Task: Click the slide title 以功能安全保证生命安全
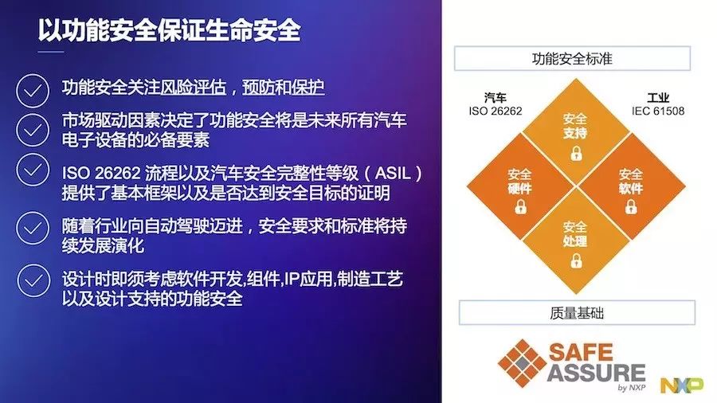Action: point(169,30)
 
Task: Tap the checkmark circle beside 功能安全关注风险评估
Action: point(33,91)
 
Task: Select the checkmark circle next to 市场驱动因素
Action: point(33,130)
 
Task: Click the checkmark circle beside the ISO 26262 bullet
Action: point(33,170)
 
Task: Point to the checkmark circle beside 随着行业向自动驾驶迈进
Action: point(33,228)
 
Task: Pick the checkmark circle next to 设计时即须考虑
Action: point(33,280)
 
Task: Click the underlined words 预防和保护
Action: point(283,87)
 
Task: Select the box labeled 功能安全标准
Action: point(572,58)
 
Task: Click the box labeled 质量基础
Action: point(577,313)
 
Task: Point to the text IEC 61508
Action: point(658,111)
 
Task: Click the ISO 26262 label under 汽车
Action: point(496,111)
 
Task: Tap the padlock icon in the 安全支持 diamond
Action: point(576,153)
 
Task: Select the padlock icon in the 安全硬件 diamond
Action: point(520,206)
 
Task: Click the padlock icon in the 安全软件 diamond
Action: point(631,206)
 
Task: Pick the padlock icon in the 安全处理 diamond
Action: point(576,260)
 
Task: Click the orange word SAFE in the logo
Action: point(581,352)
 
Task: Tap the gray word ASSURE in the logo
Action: point(596,373)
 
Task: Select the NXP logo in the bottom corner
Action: point(682,385)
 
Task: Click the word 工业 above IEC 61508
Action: point(658,98)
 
